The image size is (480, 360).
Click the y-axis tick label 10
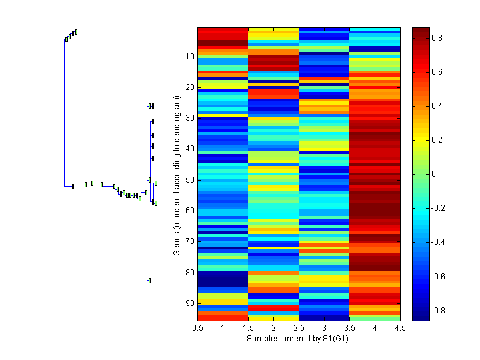point(190,57)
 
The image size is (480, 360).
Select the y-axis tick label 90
point(190,303)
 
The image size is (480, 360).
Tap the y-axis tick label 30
point(190,118)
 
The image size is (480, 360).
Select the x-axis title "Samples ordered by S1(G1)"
point(299,339)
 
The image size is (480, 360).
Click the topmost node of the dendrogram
point(76,31)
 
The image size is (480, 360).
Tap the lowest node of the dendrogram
point(149,281)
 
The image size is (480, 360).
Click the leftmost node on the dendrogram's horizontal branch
point(73,186)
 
